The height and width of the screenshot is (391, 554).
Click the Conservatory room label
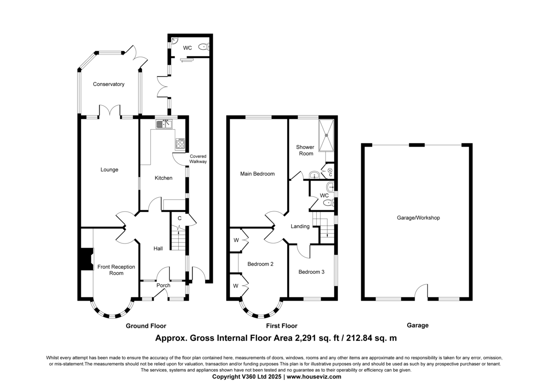tap(108, 84)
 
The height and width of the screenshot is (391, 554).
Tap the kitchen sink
tap(164, 124)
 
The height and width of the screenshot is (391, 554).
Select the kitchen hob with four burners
tap(180, 144)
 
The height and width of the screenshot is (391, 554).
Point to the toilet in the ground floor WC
tap(204, 47)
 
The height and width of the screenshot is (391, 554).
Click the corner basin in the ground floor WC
tap(175, 41)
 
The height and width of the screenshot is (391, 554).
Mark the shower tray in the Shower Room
tap(326, 136)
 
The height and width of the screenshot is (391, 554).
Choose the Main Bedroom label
tap(258, 174)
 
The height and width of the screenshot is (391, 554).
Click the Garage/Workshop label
tap(418, 218)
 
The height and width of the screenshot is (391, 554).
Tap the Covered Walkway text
tap(198, 159)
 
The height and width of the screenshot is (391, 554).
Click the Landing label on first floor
tap(300, 226)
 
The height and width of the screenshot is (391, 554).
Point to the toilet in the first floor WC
tap(329, 203)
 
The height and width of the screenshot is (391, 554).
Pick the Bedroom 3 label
tap(311, 272)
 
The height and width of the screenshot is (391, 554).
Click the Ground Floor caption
tap(146, 326)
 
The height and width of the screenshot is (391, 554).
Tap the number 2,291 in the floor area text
tap(306, 338)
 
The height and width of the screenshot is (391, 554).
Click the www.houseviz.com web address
tap(314, 377)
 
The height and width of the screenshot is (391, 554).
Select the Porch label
tap(163, 285)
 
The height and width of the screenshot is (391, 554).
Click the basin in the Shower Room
tap(314, 175)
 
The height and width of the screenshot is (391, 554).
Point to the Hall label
tap(158, 249)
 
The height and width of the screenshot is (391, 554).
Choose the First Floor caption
tap(282, 326)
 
